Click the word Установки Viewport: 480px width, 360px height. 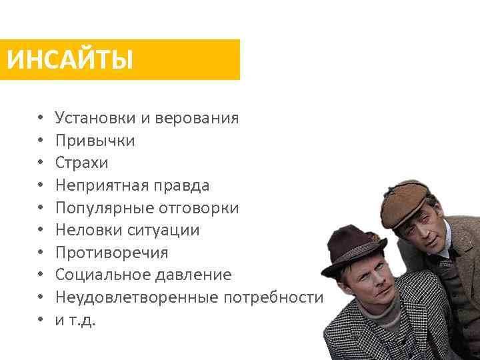click(x=95, y=119)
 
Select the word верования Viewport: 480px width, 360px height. click(x=197, y=119)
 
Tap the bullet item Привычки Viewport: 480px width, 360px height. click(x=95, y=141)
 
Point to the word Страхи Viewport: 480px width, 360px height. click(x=81, y=163)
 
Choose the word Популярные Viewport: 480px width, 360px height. click(x=105, y=208)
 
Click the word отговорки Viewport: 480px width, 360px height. click(x=199, y=208)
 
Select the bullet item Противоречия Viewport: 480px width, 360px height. click(x=111, y=253)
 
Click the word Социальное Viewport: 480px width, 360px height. click(x=101, y=275)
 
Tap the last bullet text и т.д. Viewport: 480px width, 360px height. click(x=75, y=320)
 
